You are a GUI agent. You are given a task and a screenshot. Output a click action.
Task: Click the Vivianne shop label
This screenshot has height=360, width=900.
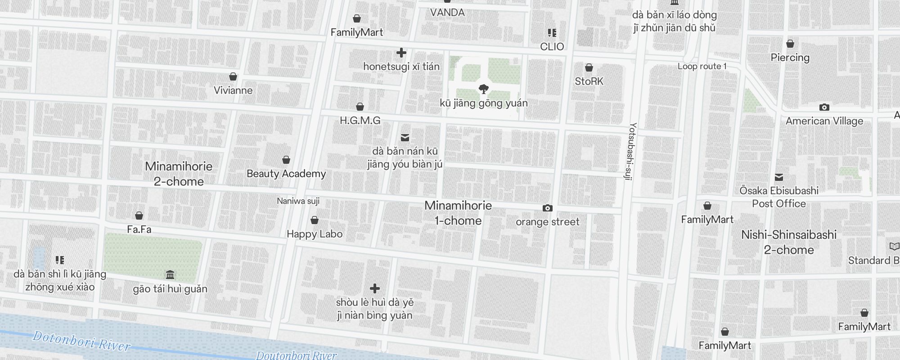click(x=233, y=90)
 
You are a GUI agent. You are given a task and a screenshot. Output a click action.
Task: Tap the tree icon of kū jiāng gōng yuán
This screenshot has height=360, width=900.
click(x=484, y=89)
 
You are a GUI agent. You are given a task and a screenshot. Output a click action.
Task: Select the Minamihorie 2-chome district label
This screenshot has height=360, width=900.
click(x=179, y=174)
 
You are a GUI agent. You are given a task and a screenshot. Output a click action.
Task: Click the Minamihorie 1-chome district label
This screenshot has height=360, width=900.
click(x=458, y=213)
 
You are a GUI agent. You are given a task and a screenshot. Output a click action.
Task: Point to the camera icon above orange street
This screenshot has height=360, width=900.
click(x=547, y=208)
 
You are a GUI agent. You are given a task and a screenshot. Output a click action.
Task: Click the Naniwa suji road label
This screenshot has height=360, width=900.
click(x=298, y=201)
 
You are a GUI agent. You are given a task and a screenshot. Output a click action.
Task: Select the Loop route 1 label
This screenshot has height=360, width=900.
click(x=702, y=67)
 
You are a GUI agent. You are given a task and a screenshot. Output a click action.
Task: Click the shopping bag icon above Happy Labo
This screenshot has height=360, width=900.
click(x=315, y=220)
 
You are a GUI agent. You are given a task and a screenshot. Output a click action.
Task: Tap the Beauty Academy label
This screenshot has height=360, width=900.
click(x=286, y=174)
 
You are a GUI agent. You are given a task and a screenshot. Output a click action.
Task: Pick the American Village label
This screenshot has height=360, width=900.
click(x=824, y=121)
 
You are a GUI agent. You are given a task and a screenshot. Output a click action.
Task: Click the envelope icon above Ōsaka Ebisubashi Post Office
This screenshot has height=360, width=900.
click(x=779, y=177)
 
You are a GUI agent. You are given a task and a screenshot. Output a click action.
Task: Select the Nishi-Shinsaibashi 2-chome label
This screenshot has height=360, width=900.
click(x=789, y=242)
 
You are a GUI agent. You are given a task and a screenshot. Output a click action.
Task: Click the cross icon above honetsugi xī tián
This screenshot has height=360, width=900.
click(x=401, y=53)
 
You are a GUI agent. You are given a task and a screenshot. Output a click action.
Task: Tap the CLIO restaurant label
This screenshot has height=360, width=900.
click(x=552, y=47)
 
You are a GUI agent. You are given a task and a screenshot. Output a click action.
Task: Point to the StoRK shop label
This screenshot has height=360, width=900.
click(x=589, y=81)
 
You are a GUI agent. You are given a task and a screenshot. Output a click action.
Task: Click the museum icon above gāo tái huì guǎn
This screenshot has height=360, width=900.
click(x=170, y=275)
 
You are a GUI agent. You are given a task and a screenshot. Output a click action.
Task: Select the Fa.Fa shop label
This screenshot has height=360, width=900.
click(x=139, y=229)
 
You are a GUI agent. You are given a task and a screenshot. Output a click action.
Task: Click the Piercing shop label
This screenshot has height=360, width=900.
click(x=790, y=58)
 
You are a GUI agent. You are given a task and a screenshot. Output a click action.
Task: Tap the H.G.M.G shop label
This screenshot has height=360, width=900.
click(x=360, y=121)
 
